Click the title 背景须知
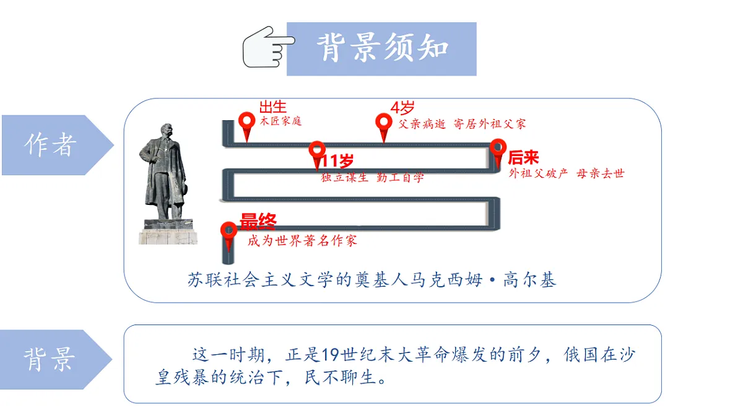383,48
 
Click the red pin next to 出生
247,127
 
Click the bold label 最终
258,222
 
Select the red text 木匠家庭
280,121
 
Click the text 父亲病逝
422,124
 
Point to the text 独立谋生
345,178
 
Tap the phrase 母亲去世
601,173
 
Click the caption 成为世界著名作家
302,240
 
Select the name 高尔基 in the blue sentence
529,280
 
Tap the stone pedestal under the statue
168,232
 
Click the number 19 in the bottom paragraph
329,355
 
